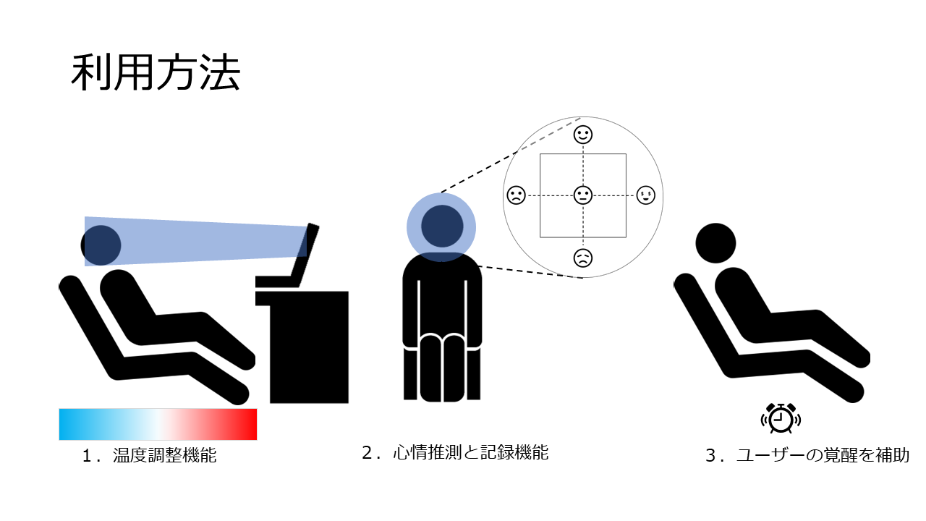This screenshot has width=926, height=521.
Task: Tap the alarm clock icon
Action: pyautogui.click(x=781, y=418)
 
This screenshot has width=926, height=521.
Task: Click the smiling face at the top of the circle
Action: pyautogui.click(x=583, y=135)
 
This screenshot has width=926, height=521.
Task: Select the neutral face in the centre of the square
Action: pyautogui.click(x=582, y=195)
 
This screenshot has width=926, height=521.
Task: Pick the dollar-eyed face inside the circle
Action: pyautogui.click(x=645, y=195)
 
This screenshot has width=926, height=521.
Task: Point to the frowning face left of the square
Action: pyautogui.click(x=516, y=195)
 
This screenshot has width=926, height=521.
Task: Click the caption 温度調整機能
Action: pyautogui.click(x=165, y=456)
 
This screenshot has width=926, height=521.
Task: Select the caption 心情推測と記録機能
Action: pyautogui.click(x=470, y=453)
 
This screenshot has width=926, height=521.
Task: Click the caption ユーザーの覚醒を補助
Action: pyautogui.click(x=823, y=456)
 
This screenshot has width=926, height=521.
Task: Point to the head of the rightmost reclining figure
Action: pyautogui.click(x=715, y=242)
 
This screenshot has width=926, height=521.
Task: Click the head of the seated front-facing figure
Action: pyautogui.click(x=442, y=226)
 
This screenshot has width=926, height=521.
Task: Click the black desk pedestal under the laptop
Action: pyautogui.click(x=309, y=347)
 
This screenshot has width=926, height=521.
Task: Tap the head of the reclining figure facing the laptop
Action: pyautogui.click(x=101, y=245)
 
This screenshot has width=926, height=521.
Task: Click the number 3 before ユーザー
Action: pyautogui.click(x=710, y=457)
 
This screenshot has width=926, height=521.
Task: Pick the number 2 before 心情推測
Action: pyautogui.click(x=367, y=454)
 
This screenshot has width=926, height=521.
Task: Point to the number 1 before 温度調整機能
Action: pyautogui.click(x=88, y=457)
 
